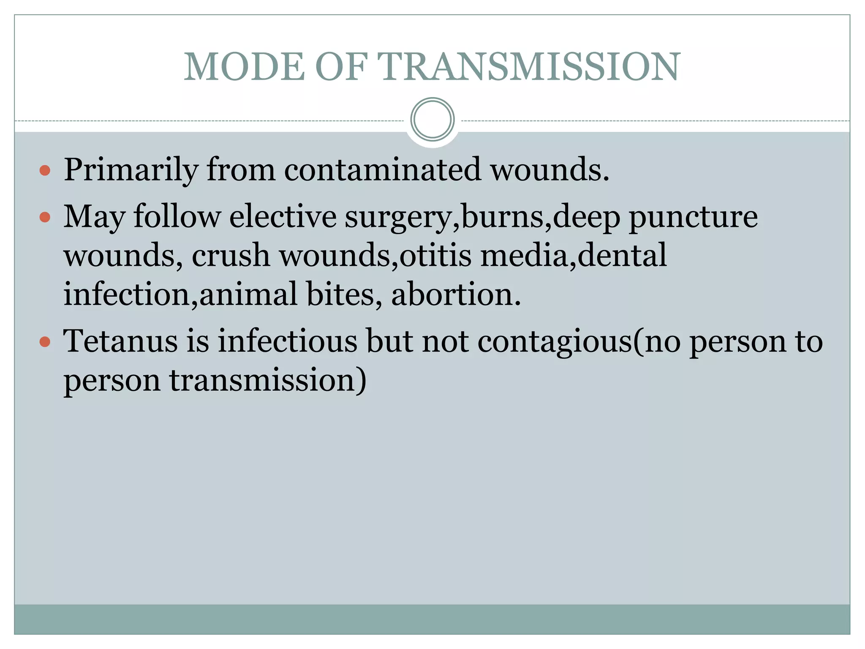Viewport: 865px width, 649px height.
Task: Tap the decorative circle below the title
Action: [x=432, y=119]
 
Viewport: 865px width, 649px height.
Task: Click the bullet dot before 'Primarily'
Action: [x=45, y=171]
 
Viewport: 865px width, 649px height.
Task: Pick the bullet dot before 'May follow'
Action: [x=45, y=218]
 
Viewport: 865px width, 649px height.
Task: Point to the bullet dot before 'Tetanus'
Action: [x=45, y=341]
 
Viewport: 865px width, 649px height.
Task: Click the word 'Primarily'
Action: [x=131, y=170]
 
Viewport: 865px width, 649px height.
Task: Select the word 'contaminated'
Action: [x=382, y=170]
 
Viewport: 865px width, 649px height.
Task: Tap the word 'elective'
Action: [x=283, y=217]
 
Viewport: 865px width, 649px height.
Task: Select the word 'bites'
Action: [x=340, y=295]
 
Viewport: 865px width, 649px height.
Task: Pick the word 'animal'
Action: [x=248, y=295]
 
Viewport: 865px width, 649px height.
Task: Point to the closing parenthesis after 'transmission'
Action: [x=361, y=380]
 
